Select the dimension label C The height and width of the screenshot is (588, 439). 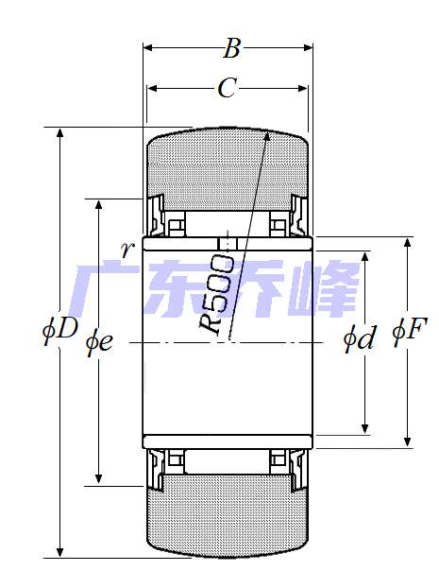(x=227, y=88)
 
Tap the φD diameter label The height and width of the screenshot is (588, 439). (x=59, y=329)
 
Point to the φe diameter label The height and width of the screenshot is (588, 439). (x=98, y=341)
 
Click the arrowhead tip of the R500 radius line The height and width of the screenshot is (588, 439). (x=269, y=131)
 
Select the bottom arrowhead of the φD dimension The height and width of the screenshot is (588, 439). (x=61, y=554)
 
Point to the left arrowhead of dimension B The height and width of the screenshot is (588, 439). (x=146, y=46)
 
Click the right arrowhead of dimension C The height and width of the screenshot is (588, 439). (x=305, y=89)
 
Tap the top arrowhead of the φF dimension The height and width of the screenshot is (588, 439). (x=408, y=240)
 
